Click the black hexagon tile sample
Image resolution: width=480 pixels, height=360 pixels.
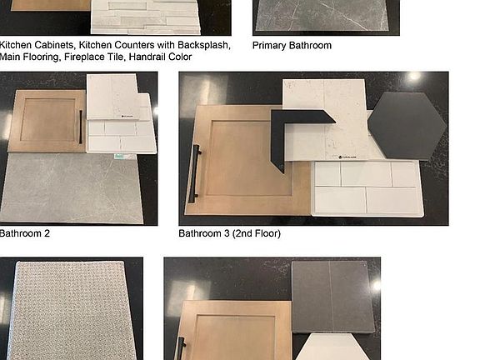pos(407,126)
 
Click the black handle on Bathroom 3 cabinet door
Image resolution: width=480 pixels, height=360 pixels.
pos(195,173)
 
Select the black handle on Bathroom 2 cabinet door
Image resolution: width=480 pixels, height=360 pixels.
pos(81,127)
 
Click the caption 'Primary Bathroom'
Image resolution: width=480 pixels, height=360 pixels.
pos(292,46)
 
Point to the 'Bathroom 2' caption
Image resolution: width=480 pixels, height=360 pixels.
pos(24,233)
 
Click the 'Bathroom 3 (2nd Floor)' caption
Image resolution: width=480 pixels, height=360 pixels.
pos(230,233)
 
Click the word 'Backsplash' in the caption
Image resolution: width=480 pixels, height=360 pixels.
pos(204,45)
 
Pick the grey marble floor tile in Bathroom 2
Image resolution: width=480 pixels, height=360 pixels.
pos(71,188)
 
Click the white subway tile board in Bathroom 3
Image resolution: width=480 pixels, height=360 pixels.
pos(367,188)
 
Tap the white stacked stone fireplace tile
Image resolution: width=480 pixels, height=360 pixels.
pos(146,17)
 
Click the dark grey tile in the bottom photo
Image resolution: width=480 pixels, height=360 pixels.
pos(332,297)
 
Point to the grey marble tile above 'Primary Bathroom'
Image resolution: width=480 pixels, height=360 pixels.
pos(322,15)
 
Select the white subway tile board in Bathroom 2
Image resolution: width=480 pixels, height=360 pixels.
pos(122,136)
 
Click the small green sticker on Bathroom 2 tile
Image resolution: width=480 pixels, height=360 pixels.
pos(119,157)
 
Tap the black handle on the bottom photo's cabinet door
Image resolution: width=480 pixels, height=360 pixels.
pos(181,348)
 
